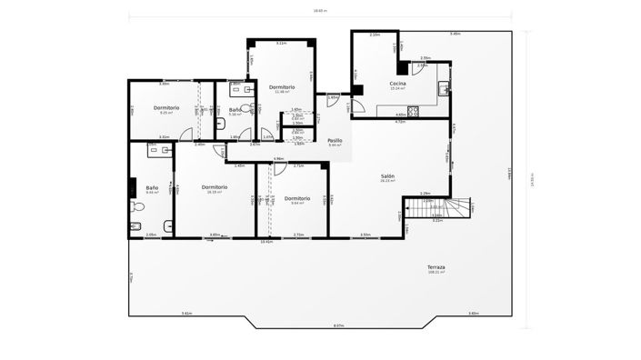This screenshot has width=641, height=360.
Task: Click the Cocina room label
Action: coord(397,84)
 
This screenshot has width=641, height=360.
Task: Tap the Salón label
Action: coord(387,176)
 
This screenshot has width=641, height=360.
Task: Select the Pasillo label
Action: coord(335,140)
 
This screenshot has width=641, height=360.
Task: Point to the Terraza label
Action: coord(436,266)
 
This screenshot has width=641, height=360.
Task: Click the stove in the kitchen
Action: coord(412,111)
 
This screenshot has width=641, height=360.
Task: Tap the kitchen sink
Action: coord(443,88)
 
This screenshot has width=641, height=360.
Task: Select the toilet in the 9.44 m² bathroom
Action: coord(137,205)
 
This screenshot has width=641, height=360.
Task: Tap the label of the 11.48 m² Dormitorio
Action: coord(282,86)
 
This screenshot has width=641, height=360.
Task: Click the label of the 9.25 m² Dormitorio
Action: coord(166,108)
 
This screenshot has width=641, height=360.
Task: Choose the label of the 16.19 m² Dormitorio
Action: coord(215,186)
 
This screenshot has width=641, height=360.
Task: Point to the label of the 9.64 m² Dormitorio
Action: coord(297,197)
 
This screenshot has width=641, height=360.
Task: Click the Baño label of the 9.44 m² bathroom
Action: coord(151,187)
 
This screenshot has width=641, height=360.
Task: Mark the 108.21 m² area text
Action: coord(436,272)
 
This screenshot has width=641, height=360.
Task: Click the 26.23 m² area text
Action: coord(387,181)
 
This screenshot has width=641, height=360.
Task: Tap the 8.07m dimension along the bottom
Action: coord(337,325)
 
